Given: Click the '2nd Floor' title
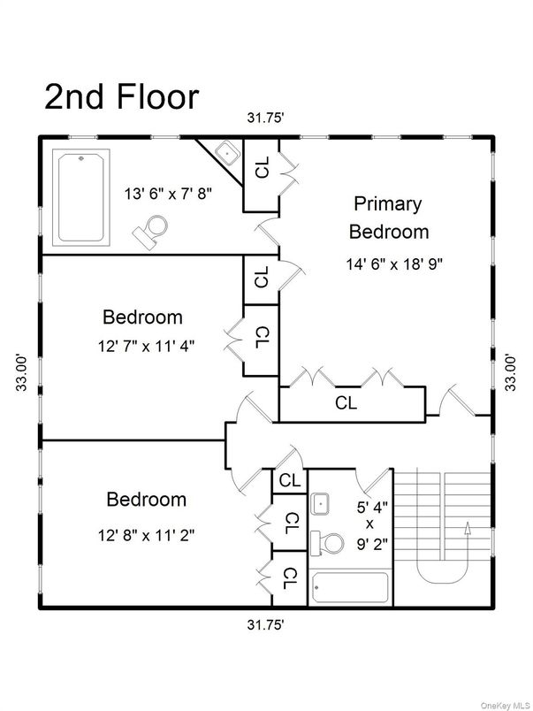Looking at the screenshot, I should tap(122, 96).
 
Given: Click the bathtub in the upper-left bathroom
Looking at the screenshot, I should tap(81, 196).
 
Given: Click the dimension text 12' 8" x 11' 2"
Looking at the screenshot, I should tap(146, 534).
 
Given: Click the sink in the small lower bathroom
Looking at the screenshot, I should tap(321, 504).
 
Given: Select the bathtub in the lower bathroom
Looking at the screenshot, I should tap(350, 587).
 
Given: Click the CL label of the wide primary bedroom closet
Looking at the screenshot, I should tap(346, 403).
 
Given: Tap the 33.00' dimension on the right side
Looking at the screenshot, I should tap(509, 371).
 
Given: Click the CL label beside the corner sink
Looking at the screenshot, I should tap(262, 168).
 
